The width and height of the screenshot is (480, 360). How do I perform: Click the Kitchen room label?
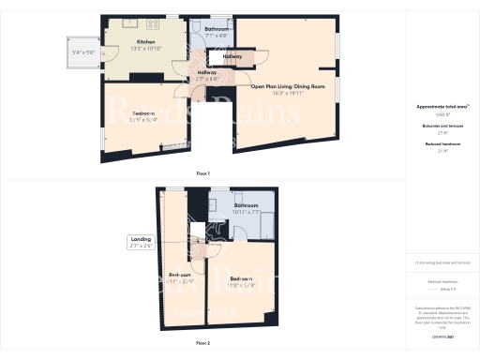pyautogui.click(x=145, y=42)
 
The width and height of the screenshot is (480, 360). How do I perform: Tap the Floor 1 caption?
pyautogui.click(x=202, y=173)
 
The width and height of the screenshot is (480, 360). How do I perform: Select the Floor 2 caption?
pyautogui.click(x=202, y=344)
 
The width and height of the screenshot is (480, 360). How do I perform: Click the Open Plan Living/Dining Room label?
pyautogui.click(x=288, y=86)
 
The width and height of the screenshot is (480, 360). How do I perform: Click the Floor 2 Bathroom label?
pyautogui.click(x=247, y=205)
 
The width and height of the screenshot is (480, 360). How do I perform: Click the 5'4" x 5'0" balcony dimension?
pyautogui.click(x=82, y=52)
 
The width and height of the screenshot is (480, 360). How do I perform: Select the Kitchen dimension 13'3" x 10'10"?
pyautogui.click(x=145, y=49)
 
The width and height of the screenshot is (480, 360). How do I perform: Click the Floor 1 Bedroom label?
pyautogui.click(x=143, y=112)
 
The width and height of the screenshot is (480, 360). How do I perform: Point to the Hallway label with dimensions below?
pyautogui.click(x=208, y=72)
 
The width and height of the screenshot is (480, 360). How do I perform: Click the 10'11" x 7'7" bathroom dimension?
pyautogui.click(x=247, y=212)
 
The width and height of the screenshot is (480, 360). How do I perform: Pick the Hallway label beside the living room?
pyautogui.click(x=233, y=56)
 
